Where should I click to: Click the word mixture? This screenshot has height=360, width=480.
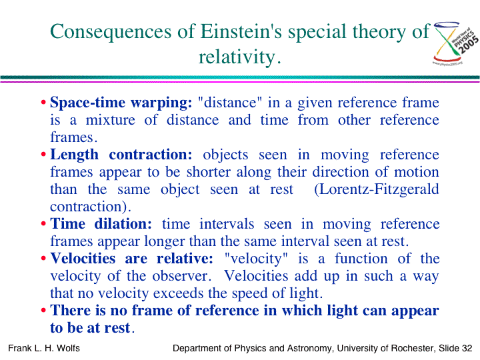point(110,120)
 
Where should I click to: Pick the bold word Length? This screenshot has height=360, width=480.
point(75,155)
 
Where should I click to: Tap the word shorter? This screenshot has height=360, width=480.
point(208,172)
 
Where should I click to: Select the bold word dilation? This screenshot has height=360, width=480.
point(123,224)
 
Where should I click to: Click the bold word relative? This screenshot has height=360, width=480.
point(185,259)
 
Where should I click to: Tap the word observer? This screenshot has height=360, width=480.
point(182,276)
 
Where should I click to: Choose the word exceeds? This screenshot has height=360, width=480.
point(179,293)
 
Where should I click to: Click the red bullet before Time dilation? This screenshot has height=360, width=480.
point(43,224)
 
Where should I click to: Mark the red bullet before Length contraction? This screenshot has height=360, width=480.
point(43,155)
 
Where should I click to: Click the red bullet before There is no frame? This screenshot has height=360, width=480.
point(43,311)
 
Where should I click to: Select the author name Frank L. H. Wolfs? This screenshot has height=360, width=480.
point(44,349)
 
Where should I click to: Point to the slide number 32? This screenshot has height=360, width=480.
point(467,349)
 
